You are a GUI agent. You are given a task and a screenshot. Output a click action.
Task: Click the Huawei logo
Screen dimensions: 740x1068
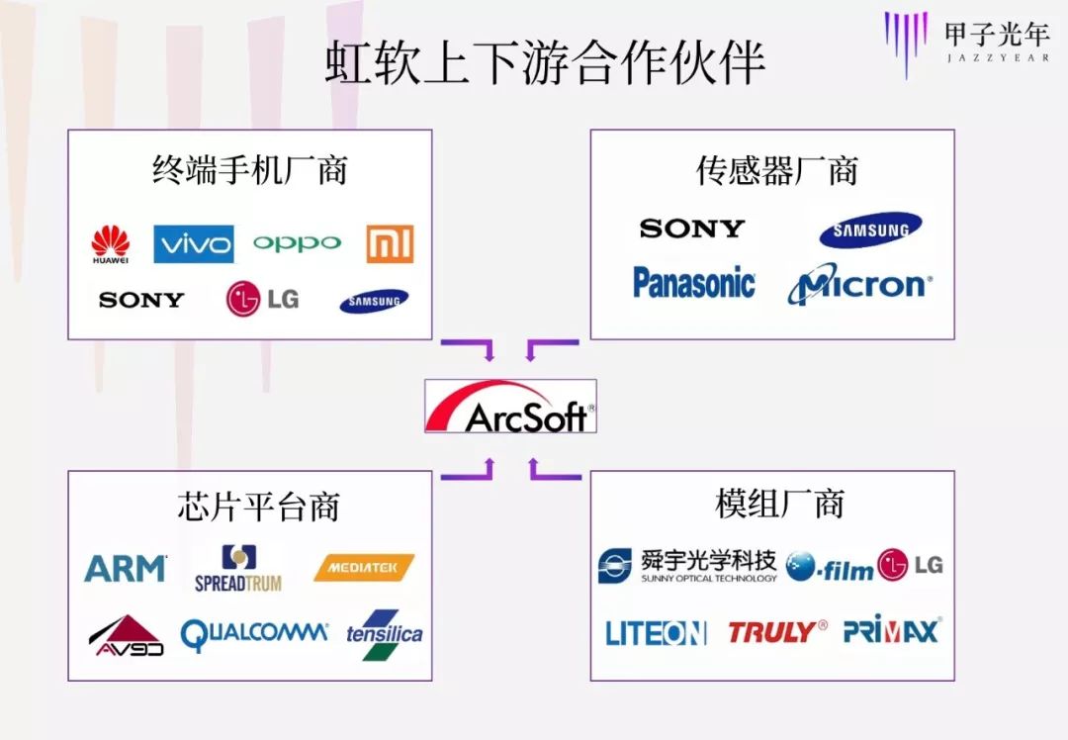tap(111, 244)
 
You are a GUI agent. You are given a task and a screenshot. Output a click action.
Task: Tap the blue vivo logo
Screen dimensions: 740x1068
tap(194, 243)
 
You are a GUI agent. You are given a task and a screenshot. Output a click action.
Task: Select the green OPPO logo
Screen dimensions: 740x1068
tap(297, 243)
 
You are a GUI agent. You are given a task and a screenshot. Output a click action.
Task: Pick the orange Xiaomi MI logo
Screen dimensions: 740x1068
tap(390, 243)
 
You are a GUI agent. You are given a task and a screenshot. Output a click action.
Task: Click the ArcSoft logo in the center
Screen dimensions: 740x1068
tap(510, 407)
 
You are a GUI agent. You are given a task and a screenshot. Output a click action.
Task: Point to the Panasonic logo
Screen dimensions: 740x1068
tap(694, 284)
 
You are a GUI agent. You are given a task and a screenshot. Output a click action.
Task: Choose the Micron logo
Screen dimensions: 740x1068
tap(859, 285)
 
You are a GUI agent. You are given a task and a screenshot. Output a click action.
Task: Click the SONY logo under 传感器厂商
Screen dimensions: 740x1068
tap(691, 229)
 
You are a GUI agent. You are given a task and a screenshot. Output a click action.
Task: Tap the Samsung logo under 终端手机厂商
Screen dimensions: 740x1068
tap(374, 301)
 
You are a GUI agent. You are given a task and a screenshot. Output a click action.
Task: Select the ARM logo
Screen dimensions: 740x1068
tap(126, 568)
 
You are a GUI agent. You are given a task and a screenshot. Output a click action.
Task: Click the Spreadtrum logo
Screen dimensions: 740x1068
tap(238, 569)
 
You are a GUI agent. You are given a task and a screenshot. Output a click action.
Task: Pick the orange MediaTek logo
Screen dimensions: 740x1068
tap(364, 568)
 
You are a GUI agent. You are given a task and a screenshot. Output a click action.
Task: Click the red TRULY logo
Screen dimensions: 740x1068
tap(777, 631)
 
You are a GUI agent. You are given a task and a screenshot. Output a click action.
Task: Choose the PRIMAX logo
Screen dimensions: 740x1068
tap(892, 630)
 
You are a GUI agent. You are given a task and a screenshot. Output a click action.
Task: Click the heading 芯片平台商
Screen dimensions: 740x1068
tap(258, 507)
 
